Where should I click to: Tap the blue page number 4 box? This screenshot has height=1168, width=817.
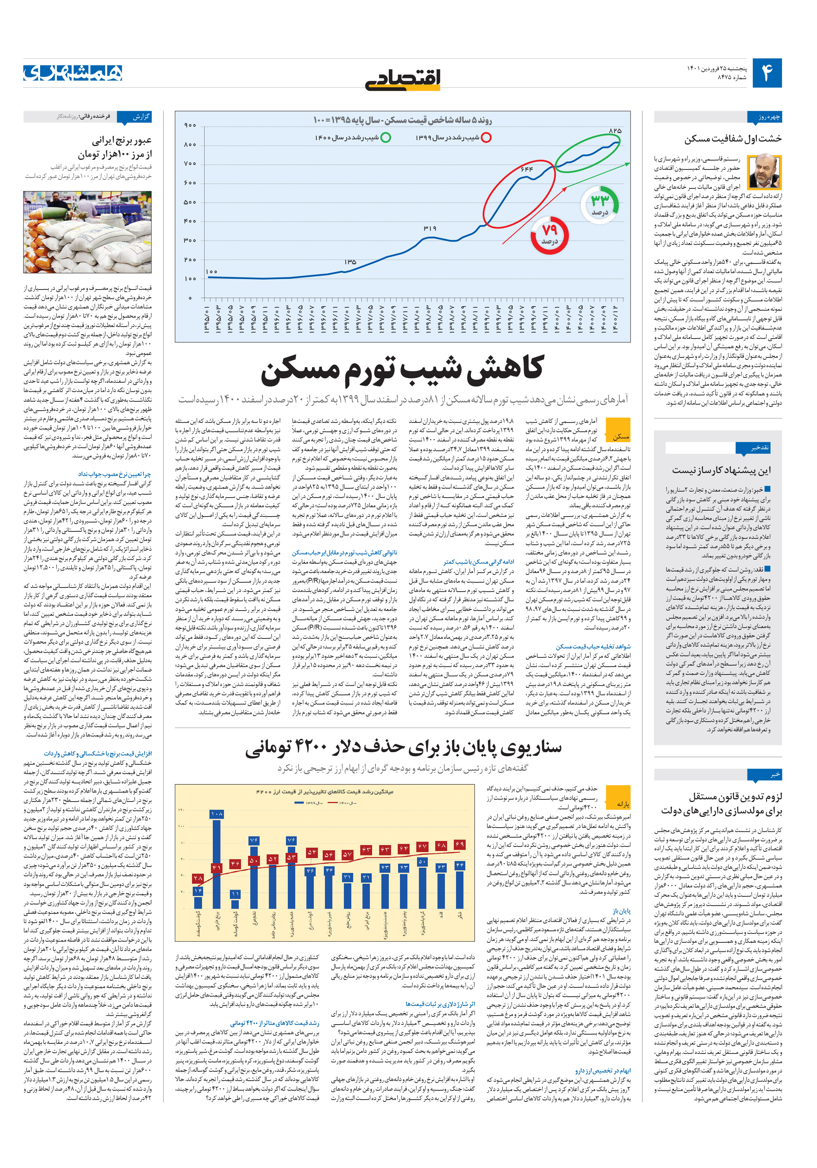click(x=766, y=73)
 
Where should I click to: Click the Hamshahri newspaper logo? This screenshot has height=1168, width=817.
click(x=73, y=73)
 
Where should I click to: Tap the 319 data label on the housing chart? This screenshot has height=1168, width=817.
click(x=430, y=229)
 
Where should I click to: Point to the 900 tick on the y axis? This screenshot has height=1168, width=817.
click(x=190, y=126)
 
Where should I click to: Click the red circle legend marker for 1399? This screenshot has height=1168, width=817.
click(x=486, y=137)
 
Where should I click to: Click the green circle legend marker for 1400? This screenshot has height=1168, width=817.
click(x=386, y=137)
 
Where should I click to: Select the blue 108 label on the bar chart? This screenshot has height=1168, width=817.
click(x=217, y=814)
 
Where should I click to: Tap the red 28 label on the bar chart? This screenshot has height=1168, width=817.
click(x=198, y=878)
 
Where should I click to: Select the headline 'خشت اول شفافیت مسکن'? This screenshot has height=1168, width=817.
click(x=733, y=138)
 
